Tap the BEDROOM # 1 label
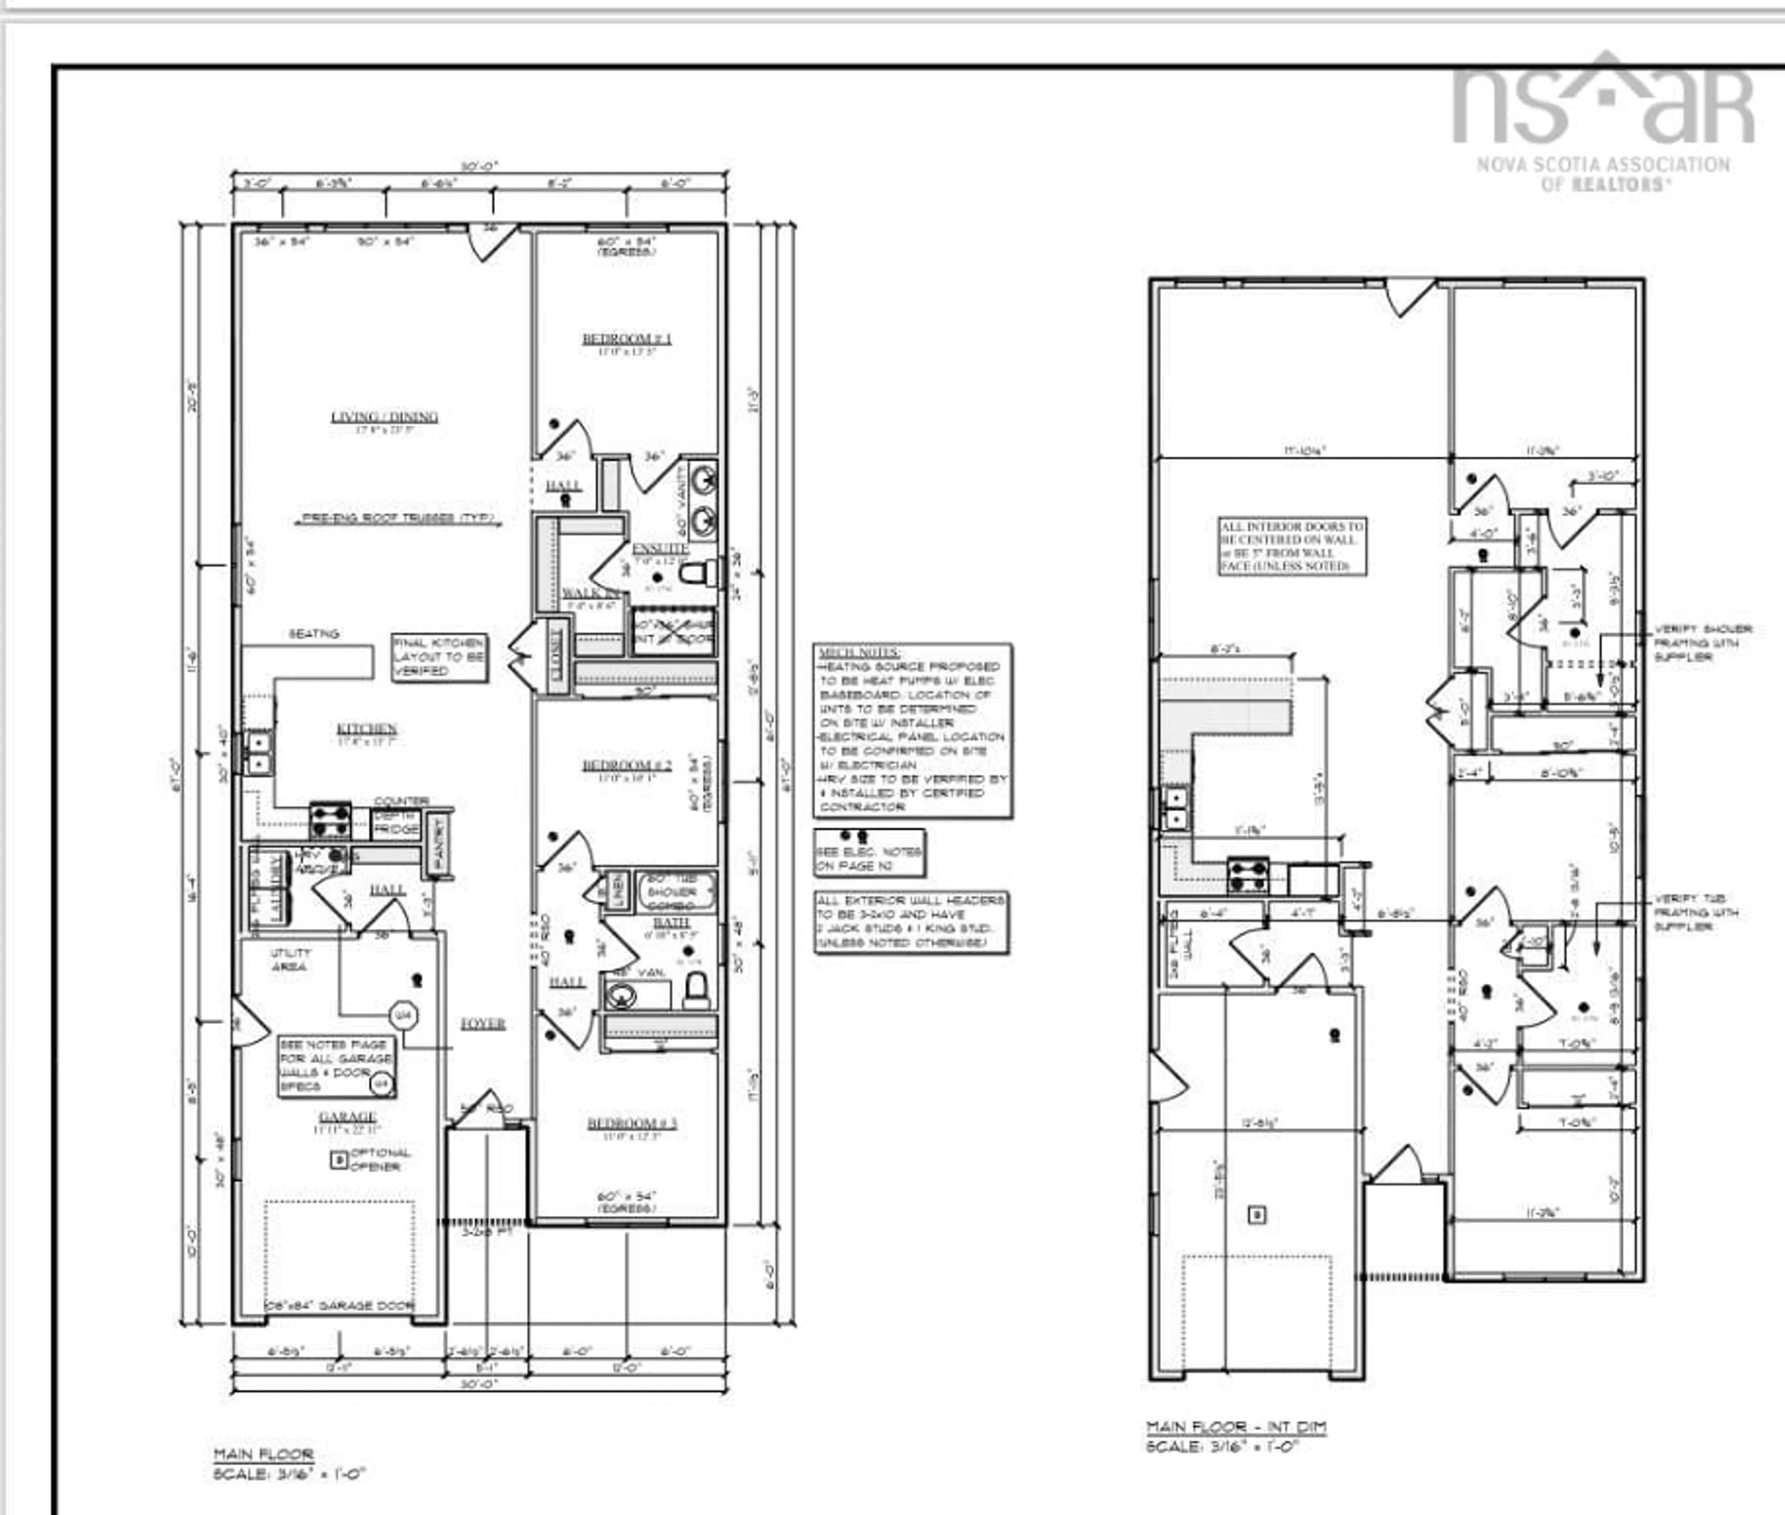[x=627, y=339]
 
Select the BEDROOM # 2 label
[x=627, y=765]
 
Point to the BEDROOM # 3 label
[x=632, y=1123]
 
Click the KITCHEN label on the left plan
[x=367, y=729]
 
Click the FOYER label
[x=483, y=1024]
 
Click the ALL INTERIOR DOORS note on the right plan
[x=1292, y=546]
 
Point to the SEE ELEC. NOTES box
[x=869, y=853]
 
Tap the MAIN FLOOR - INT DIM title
[x=1236, y=1427]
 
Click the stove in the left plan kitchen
[x=331, y=820]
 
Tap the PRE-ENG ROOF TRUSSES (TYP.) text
[x=398, y=519]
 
